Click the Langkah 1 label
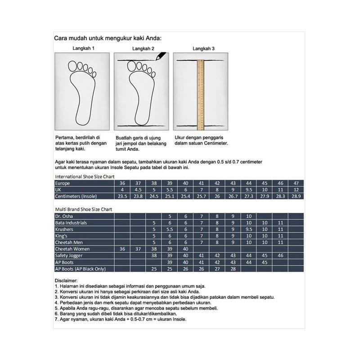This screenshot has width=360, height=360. (83, 49)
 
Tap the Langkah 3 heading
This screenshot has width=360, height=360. (203, 49)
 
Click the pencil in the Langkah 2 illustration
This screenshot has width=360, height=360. (159, 57)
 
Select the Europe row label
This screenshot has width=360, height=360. (63, 184)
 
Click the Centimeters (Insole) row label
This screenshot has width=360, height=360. (76, 196)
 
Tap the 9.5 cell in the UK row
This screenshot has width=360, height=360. (249, 190)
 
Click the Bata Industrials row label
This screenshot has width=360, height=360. (71, 223)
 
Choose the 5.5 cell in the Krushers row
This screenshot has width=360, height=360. (170, 229)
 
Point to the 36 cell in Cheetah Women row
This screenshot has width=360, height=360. (122, 249)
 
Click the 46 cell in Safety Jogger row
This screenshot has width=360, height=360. (280, 256)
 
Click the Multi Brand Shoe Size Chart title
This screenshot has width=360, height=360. (84, 210)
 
